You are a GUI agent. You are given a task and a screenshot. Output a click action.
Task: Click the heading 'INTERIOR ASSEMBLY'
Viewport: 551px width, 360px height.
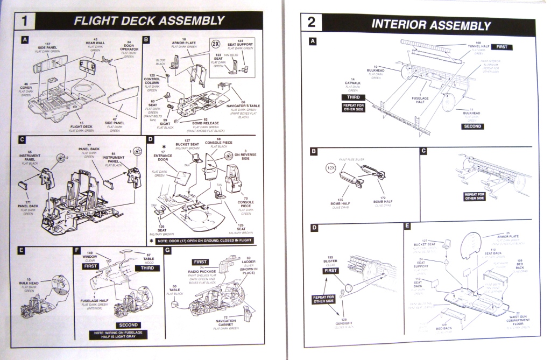tap(430, 25)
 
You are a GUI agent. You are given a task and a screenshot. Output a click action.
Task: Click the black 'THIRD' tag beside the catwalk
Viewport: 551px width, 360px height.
tap(352, 97)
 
